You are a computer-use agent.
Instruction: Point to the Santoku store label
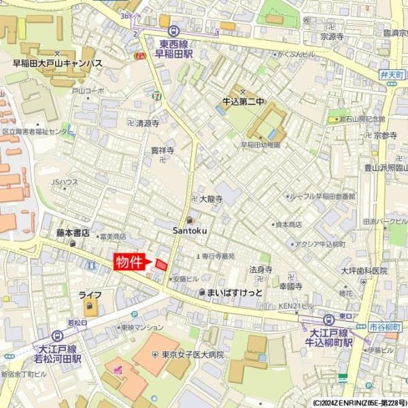[x=190, y=231]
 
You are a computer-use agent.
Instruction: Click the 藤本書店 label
[x=73, y=233]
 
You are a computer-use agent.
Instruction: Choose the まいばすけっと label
[x=234, y=293]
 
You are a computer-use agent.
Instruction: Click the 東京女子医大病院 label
[x=192, y=355]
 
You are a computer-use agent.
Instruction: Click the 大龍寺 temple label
[x=211, y=199]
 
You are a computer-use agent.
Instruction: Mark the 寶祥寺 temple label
[x=163, y=150]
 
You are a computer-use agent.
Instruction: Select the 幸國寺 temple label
[x=290, y=286]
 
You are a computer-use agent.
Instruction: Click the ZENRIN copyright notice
[x=360, y=403]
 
